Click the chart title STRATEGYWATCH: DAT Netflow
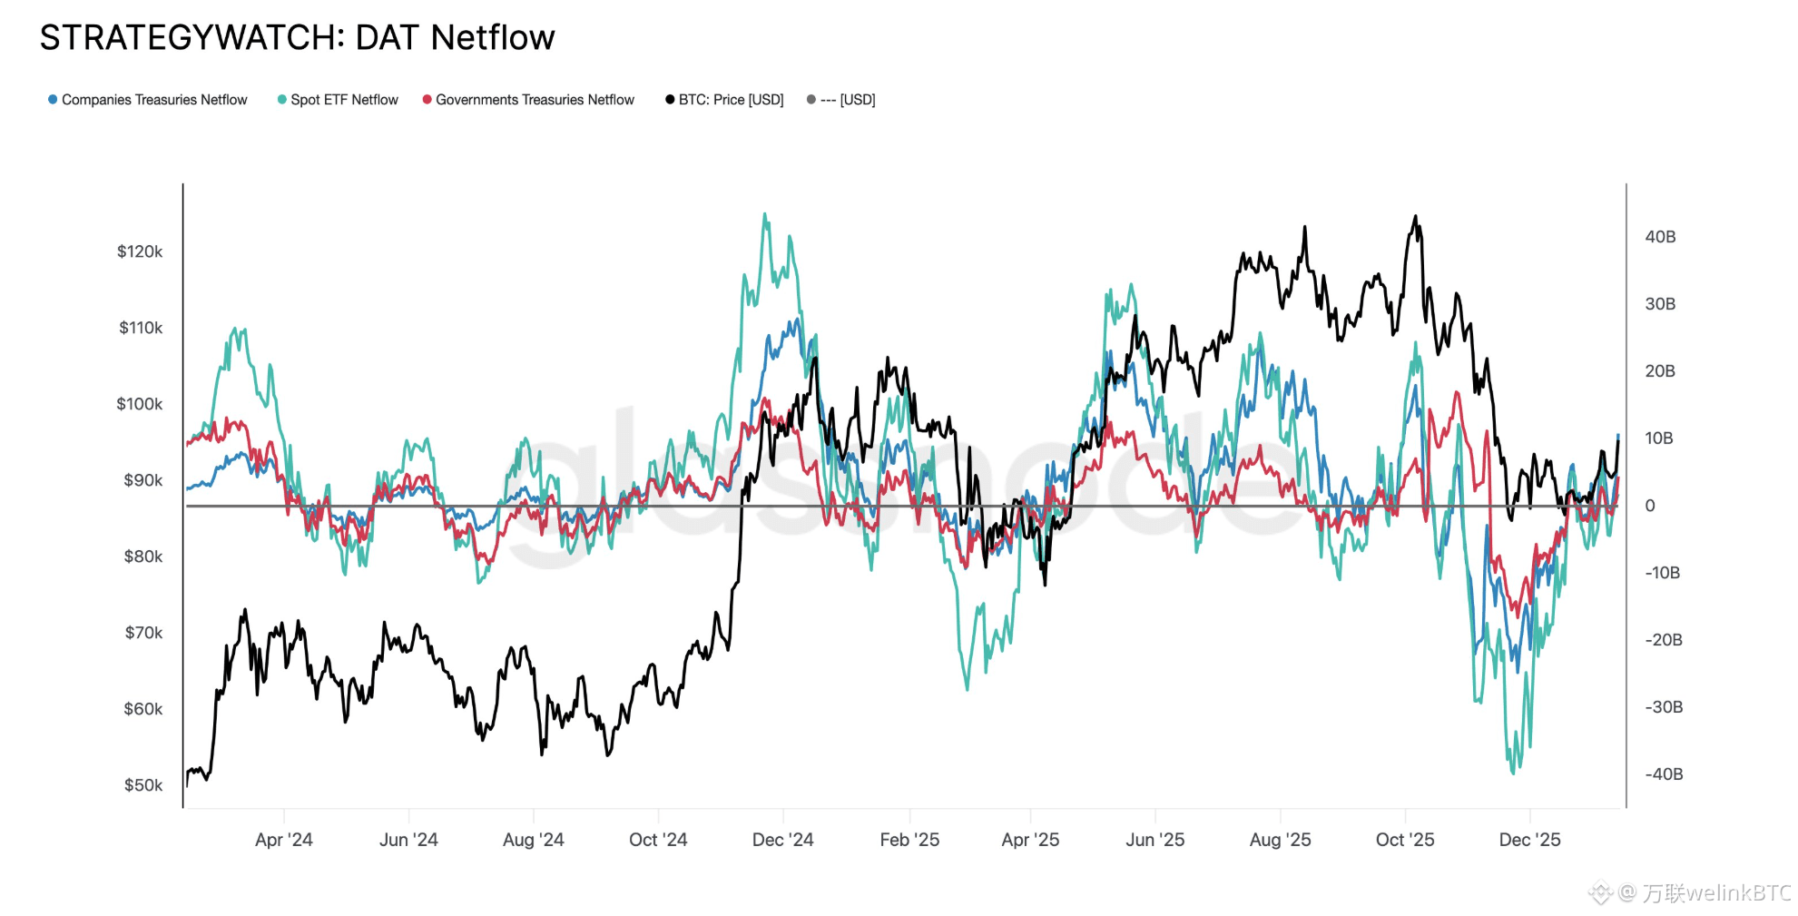(x=297, y=38)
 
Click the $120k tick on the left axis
(x=140, y=251)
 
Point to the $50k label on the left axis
(x=143, y=785)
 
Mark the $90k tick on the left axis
(x=143, y=480)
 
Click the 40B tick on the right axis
(x=1660, y=237)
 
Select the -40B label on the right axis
(x=1664, y=774)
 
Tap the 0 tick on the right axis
(x=1650, y=506)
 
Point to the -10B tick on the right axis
(x=1663, y=573)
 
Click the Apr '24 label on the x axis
(x=284, y=840)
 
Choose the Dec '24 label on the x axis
(x=782, y=840)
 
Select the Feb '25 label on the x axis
(x=909, y=840)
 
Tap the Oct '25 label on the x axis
(x=1405, y=840)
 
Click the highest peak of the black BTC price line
(x=1415, y=217)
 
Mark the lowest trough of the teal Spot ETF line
(x=1513, y=773)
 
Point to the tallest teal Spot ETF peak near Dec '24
(x=765, y=214)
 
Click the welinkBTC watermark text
(x=1715, y=893)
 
